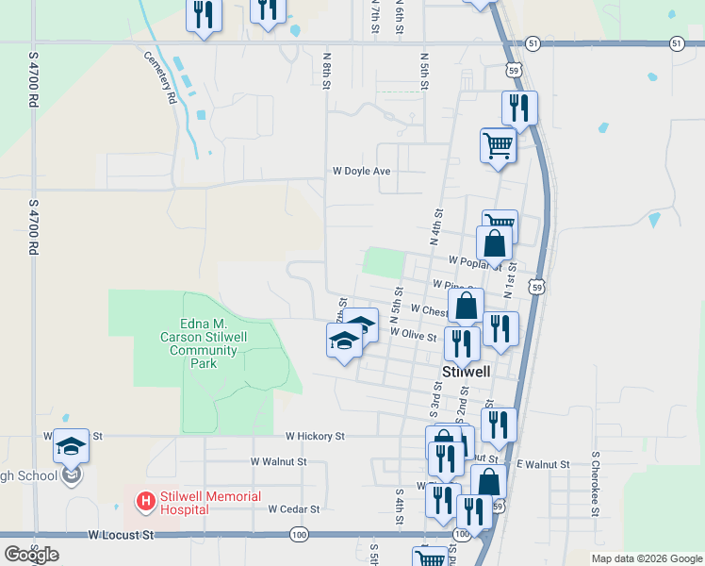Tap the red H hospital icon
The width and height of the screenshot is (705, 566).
(146, 501)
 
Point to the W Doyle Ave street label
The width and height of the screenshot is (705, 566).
(361, 172)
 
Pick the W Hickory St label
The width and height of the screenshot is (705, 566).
(316, 437)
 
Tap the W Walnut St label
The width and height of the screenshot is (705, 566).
(278, 462)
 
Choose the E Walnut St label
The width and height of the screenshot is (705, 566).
(544, 465)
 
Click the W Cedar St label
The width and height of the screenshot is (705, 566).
(293, 508)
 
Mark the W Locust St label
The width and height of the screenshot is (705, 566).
(121, 535)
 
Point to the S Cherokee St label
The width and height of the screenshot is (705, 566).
(596, 484)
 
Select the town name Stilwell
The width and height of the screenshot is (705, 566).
(467, 372)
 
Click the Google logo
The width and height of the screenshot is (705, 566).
(31, 555)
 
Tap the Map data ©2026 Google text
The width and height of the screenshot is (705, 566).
(646, 558)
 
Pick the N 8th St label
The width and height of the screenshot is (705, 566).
(327, 71)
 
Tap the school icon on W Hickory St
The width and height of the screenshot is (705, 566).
(71, 445)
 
